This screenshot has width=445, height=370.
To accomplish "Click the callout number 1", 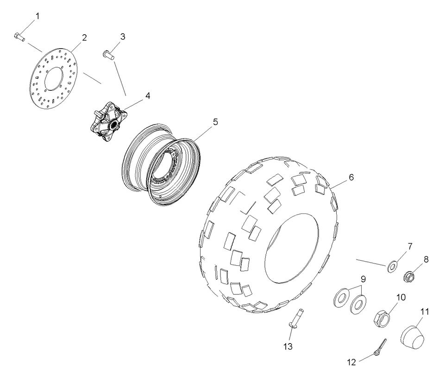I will [38, 16].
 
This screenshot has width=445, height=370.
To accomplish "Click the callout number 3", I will [123, 37].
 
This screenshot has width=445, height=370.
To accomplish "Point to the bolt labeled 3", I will [107, 55].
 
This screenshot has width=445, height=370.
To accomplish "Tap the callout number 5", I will [215, 122].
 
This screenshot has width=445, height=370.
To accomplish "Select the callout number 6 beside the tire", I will [351, 177].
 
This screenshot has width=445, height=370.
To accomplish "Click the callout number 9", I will [364, 279].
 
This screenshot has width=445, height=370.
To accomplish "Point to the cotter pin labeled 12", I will [382, 345].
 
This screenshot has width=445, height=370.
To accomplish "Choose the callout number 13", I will [288, 346].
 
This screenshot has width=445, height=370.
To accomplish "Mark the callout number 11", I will [424, 312].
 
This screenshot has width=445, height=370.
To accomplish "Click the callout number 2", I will [84, 38].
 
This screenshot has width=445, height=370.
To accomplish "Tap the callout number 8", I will [426, 260].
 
